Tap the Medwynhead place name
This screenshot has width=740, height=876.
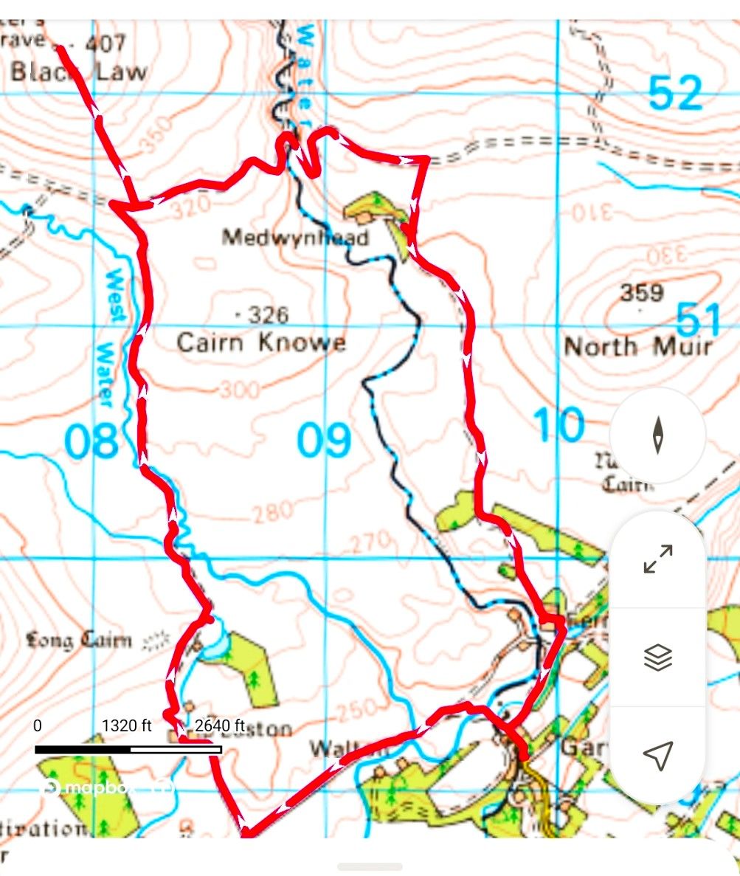tap(296, 238)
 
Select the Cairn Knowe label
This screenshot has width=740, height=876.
tap(261, 343)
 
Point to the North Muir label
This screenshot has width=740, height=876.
tap(639, 346)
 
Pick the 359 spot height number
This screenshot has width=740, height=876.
tap(641, 293)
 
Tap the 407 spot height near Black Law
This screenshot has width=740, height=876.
tap(106, 43)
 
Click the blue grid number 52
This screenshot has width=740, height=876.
tap(675, 94)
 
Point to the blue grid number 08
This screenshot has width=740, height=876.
tap(91, 442)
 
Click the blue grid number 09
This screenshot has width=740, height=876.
tap(324, 442)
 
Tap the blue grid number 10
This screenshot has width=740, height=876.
tap(559, 427)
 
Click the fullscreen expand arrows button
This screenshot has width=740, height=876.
tap(658, 559)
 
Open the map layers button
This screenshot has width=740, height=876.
tap(658, 657)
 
